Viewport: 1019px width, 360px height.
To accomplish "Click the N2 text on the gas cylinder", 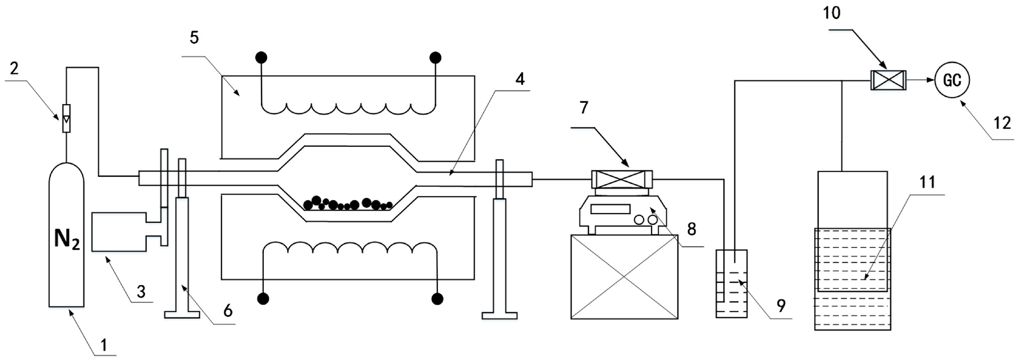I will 67,239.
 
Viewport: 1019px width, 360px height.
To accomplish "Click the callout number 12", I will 1002,124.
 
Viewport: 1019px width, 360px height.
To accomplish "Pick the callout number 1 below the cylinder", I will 104,345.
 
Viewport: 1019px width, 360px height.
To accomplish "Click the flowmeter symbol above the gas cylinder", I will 67,118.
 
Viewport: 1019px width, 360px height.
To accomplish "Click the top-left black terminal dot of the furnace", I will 261,58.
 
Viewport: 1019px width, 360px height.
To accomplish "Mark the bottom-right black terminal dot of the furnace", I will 437,299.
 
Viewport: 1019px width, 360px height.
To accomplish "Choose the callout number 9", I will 781,305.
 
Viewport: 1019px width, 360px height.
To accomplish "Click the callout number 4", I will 520,79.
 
